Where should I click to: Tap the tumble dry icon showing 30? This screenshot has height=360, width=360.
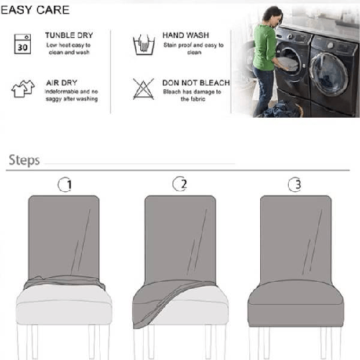click(23, 44)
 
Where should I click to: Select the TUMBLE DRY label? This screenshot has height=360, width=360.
click(69, 35)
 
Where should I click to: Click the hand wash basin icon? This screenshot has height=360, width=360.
click(143, 45)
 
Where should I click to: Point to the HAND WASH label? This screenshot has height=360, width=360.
click(186, 35)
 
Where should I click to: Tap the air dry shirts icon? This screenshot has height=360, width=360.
click(23, 89)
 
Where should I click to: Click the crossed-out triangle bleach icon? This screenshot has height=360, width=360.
click(143, 89)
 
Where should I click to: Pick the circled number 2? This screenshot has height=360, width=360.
click(180, 185)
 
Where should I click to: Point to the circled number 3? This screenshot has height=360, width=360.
click(294, 185)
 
